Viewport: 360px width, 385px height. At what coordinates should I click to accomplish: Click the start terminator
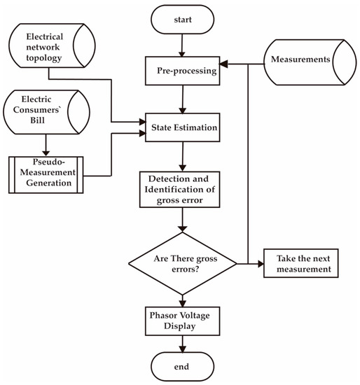(182, 20)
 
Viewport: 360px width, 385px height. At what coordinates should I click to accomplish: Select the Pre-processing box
(182, 70)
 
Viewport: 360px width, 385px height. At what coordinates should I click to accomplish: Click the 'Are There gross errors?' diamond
(182, 265)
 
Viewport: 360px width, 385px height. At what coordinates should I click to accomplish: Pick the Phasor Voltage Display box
(182, 318)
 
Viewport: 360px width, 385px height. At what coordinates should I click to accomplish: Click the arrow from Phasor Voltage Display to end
(182, 342)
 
